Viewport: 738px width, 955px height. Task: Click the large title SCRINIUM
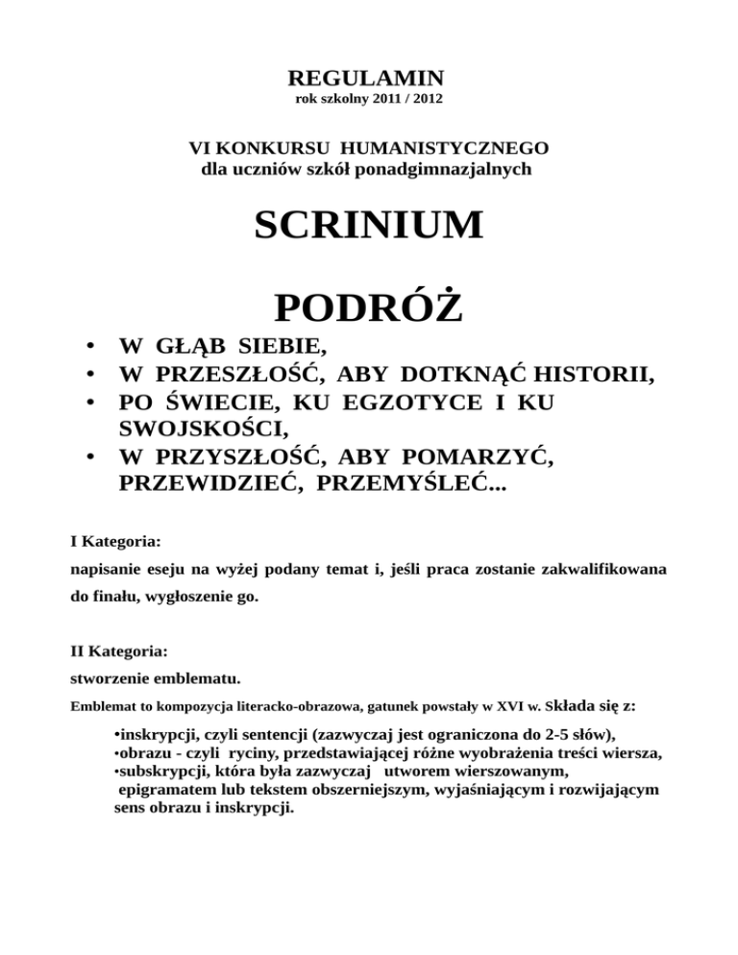click(368, 227)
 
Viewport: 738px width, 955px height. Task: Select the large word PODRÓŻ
click(368, 308)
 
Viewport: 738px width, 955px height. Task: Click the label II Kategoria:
click(120, 651)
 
